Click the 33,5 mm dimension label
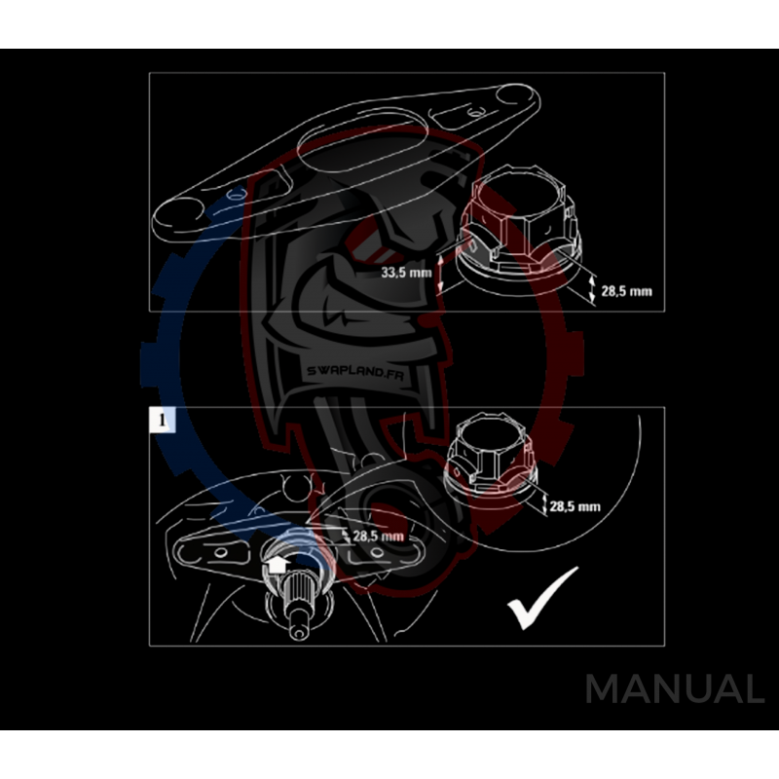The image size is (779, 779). (406, 273)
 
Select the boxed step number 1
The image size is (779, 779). (162, 420)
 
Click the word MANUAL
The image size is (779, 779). (674, 689)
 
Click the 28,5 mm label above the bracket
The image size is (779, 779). (378, 537)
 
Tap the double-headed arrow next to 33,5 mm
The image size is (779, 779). (440, 274)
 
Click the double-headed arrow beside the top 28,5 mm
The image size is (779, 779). (594, 288)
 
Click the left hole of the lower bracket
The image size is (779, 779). (219, 553)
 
